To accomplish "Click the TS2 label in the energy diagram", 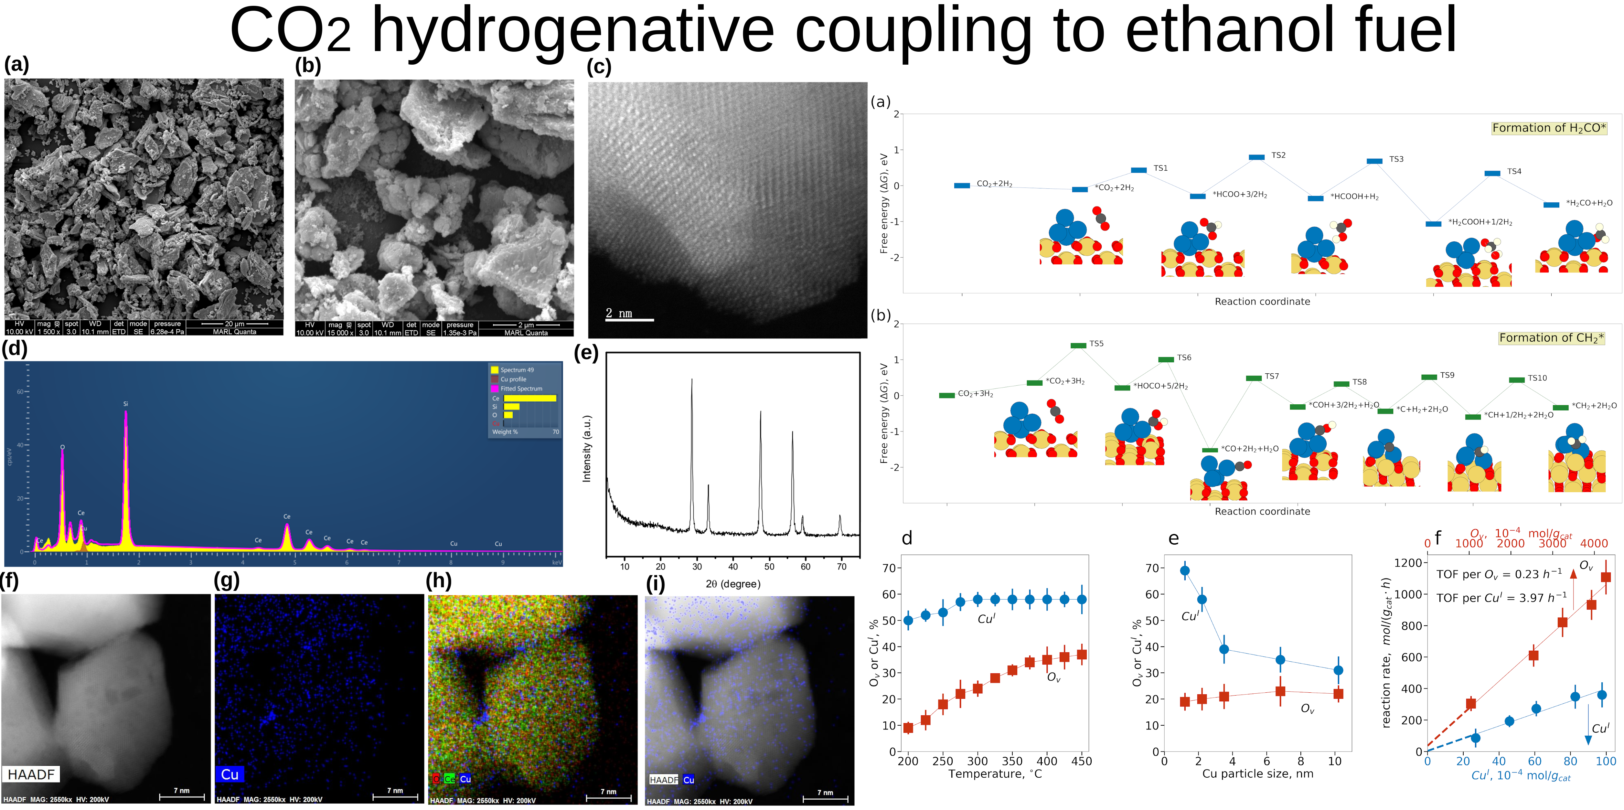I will tap(1278, 155).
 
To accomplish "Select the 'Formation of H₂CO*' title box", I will tap(1548, 128).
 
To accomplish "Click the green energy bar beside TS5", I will tap(1078, 346).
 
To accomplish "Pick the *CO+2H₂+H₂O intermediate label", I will tap(1250, 449).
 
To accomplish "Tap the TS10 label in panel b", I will tap(1537, 378).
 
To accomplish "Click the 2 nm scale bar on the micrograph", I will tap(629, 320).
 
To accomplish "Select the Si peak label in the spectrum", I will tap(125, 403).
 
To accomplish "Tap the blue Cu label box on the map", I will tap(230, 774).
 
